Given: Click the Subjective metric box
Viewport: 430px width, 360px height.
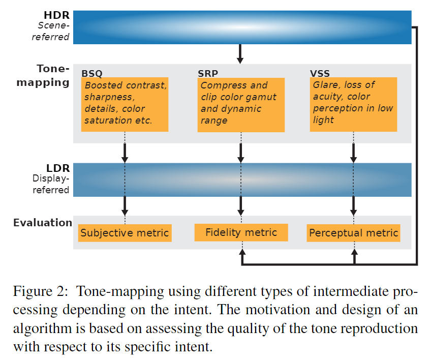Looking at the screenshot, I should tap(125, 233).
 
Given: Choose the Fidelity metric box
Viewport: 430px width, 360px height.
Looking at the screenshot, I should tap(241, 232).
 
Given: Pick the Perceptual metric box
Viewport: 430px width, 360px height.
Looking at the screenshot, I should tap(354, 233).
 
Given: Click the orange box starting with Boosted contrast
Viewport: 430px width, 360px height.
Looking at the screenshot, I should tap(125, 104).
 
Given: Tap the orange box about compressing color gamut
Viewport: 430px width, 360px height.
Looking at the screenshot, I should tap(241, 104).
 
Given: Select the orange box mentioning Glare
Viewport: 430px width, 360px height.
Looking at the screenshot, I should tap(354, 104).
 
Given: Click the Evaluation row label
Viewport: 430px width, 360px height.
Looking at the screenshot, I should tap(43, 223).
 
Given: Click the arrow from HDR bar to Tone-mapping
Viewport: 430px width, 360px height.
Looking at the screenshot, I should tap(240, 53).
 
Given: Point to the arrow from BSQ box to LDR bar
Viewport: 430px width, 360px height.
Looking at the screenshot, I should tap(125, 153).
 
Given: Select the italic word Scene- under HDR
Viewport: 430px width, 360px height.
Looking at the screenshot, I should tap(53, 26).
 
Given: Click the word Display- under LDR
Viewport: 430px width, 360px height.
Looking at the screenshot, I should tap(51, 179).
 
